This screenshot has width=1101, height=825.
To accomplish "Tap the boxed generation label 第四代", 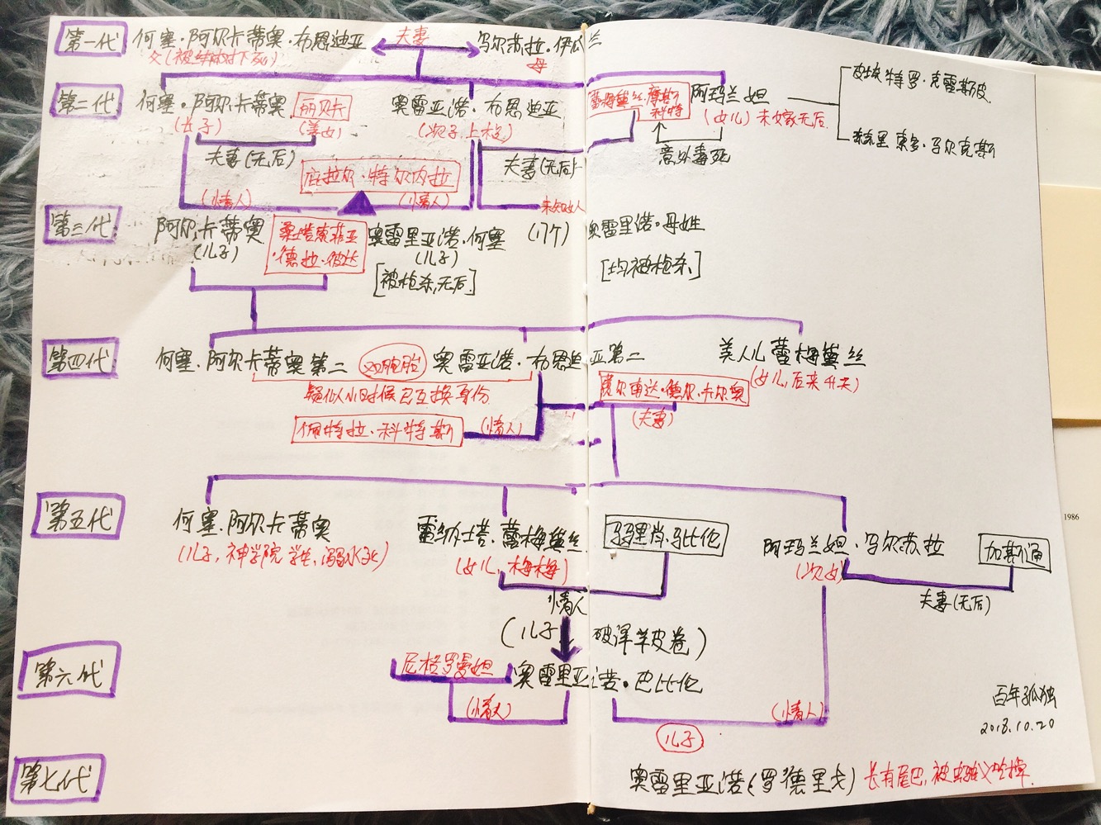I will click(x=80, y=362).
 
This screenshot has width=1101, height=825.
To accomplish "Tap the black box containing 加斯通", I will click(x=1013, y=553).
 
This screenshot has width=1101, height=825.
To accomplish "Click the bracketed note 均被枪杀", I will click(x=651, y=266).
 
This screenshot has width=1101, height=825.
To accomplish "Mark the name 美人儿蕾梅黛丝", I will click(x=790, y=356).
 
